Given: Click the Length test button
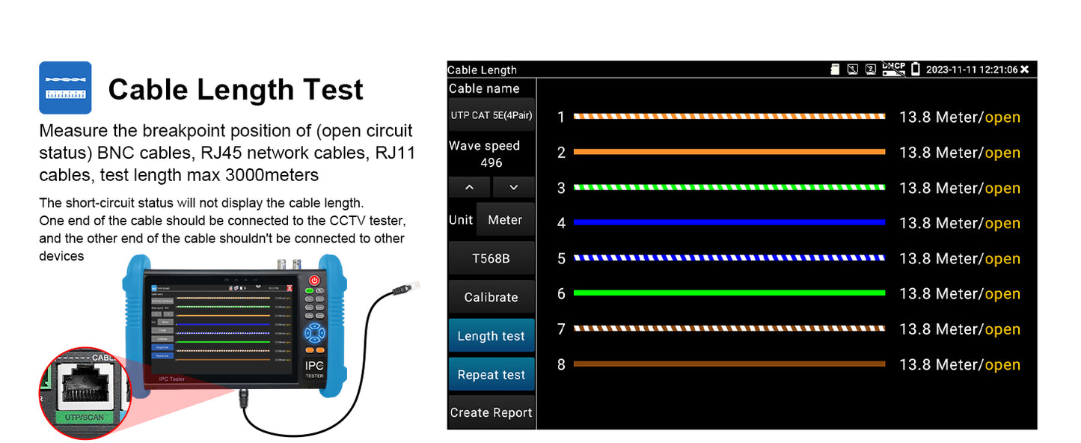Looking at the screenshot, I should tap(491, 336).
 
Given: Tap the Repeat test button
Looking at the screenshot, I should tap(491, 375).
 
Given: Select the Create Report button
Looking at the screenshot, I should tap(491, 412).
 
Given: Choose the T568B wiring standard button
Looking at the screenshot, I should tap(491, 258).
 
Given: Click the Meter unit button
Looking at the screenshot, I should tap(505, 220).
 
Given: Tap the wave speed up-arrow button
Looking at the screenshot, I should tap(469, 186).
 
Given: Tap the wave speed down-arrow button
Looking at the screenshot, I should tap(514, 186).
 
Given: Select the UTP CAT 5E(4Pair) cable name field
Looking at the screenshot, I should tap(491, 115).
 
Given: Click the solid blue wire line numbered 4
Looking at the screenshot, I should tap(729, 223).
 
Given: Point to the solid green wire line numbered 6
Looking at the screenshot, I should tap(729, 293).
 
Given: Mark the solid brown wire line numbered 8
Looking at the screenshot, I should tap(729, 364).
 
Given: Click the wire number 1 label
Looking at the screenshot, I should tap(561, 117).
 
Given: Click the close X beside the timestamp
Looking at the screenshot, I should tap(1024, 70).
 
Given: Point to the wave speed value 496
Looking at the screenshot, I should tap(491, 162).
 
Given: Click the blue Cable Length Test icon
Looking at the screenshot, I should tap(65, 88).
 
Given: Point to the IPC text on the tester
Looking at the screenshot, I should tap(314, 365).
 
